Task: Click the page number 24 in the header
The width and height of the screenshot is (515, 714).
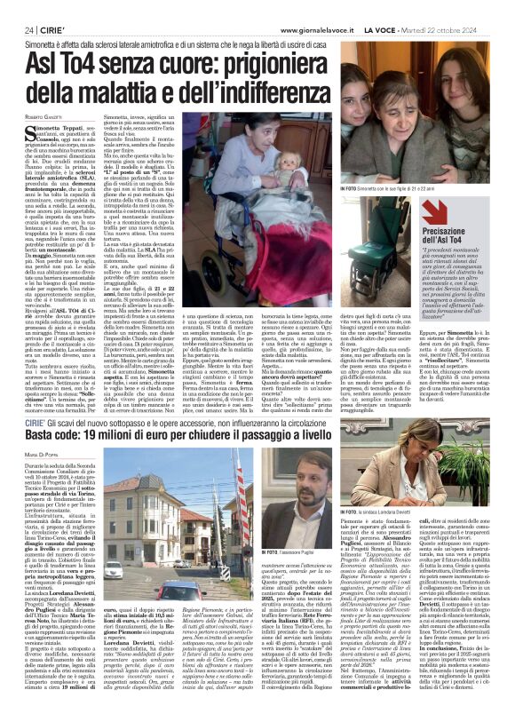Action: [17, 8]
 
